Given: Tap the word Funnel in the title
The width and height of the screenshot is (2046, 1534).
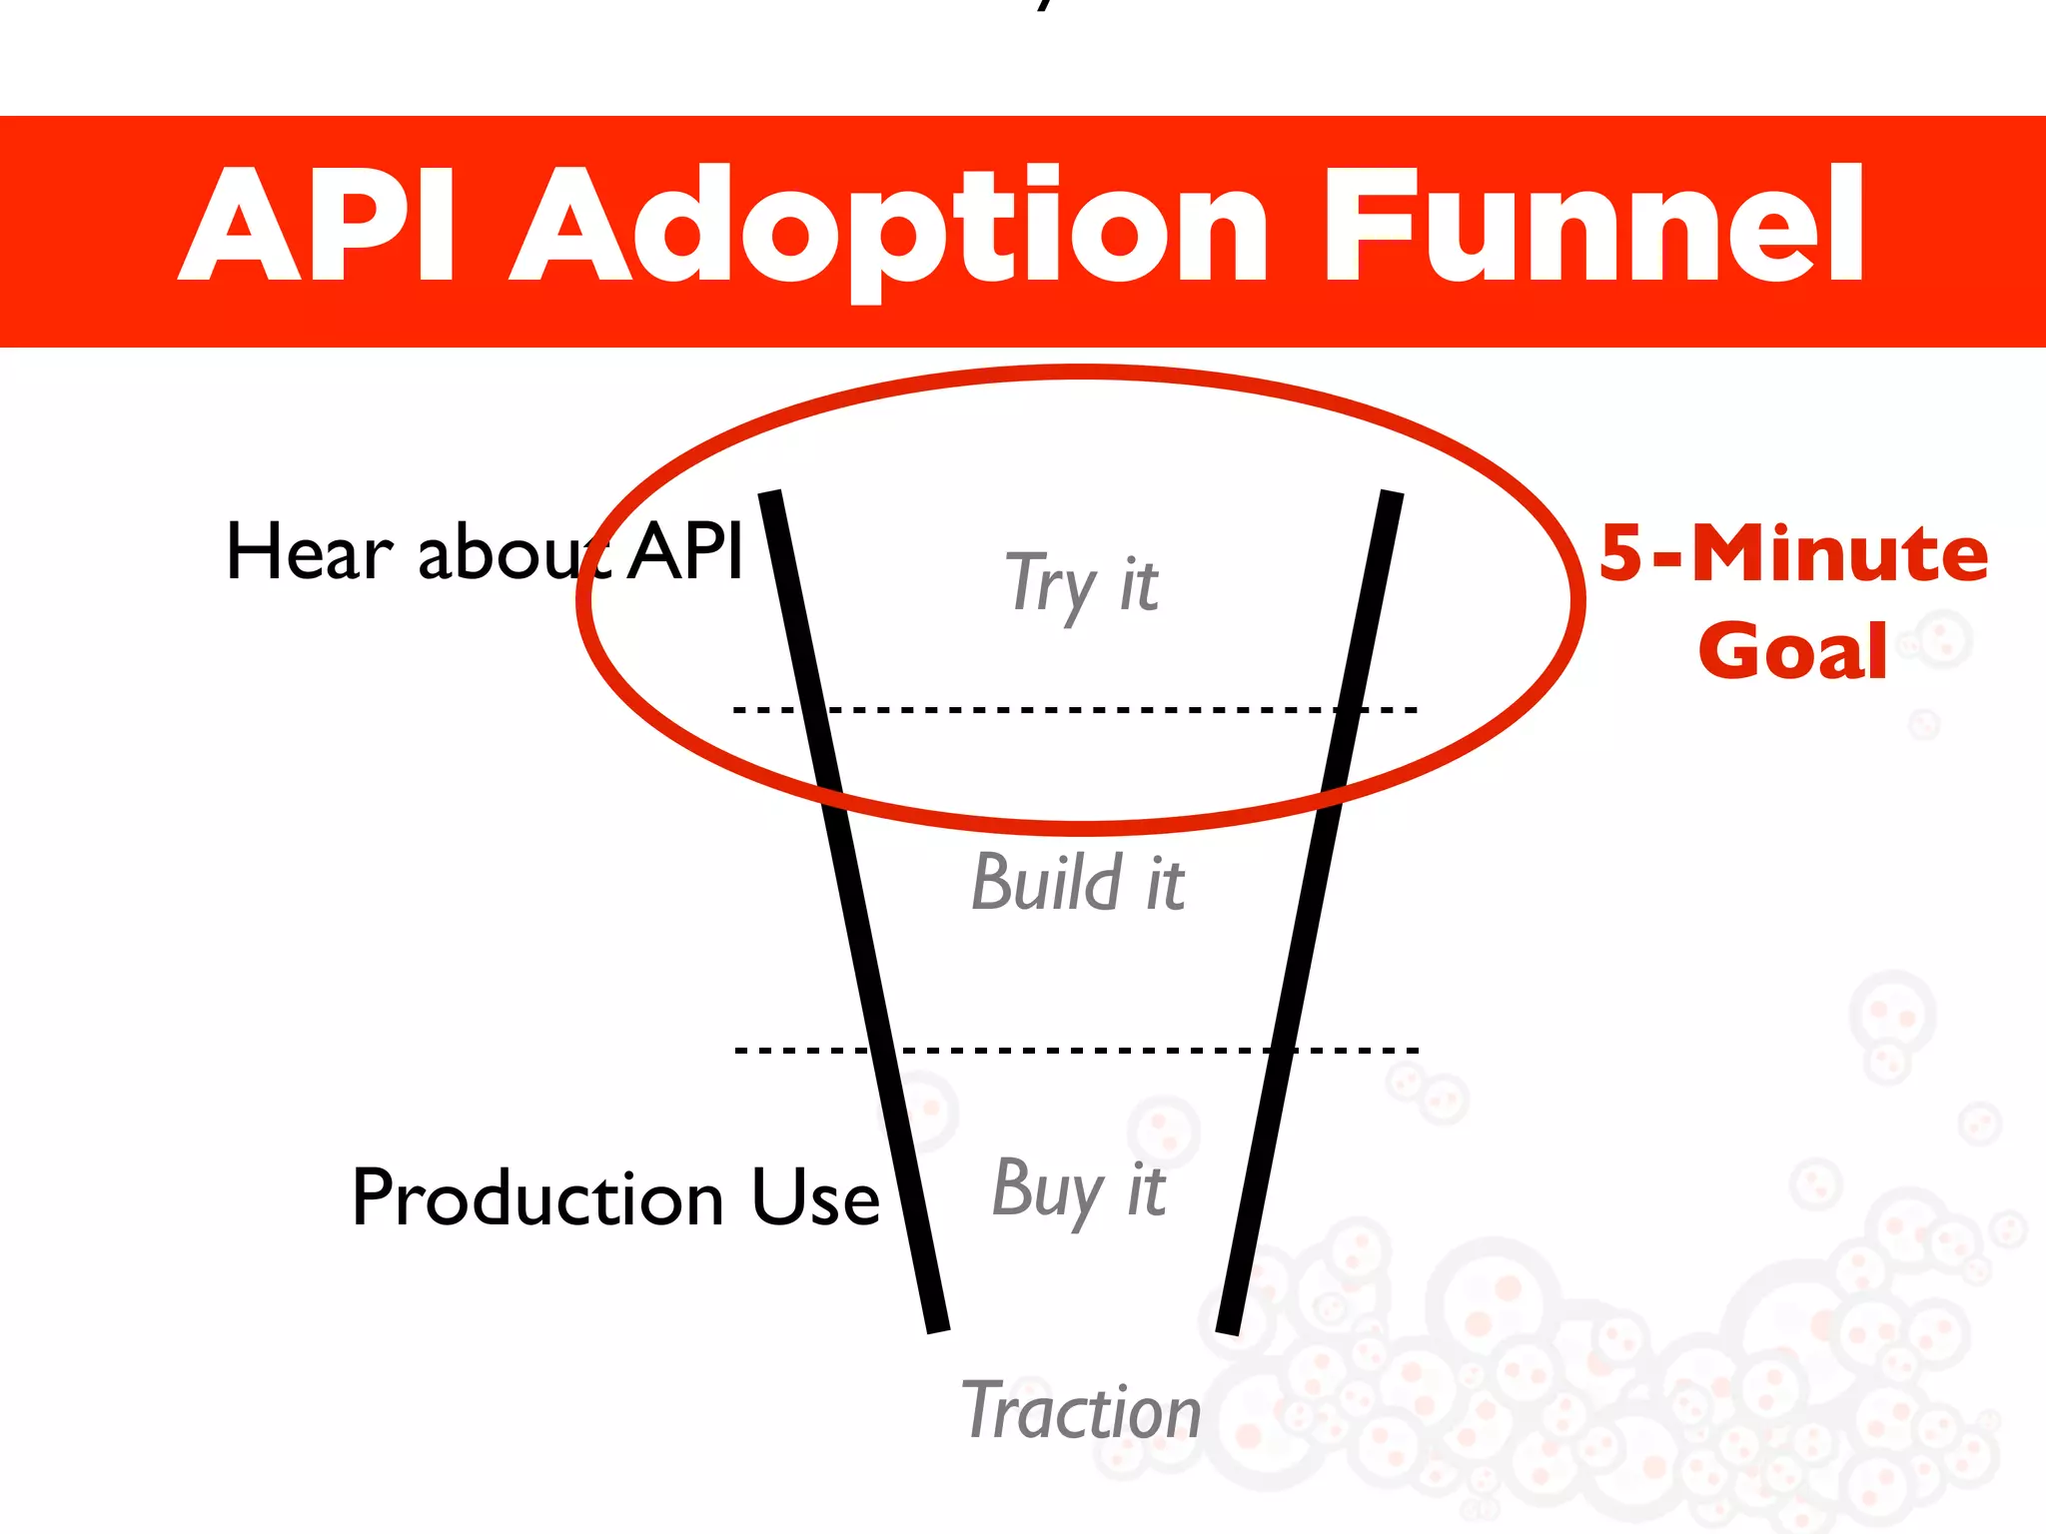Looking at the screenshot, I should tap(1592, 226).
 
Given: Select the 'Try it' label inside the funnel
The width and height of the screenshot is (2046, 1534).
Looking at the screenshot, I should tap(1081, 583).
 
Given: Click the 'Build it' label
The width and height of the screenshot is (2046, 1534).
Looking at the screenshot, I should tap(1078, 883).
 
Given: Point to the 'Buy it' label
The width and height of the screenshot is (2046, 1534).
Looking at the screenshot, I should tap(1079, 1188).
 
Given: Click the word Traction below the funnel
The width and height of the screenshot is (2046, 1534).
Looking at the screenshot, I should tap(1081, 1410).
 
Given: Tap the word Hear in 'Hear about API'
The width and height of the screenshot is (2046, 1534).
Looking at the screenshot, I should tap(310, 552).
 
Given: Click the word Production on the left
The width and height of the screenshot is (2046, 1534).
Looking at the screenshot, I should tap(537, 1197).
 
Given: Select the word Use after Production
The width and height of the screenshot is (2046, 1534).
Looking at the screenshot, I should tap(815, 1197).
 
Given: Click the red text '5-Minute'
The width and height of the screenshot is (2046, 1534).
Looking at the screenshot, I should tap(1793, 553).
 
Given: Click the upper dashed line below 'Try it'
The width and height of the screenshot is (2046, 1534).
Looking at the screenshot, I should tap(1079, 710).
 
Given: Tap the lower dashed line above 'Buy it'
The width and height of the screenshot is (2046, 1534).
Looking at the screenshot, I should tap(1079, 1051).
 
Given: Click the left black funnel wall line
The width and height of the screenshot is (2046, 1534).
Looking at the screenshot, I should tap(854, 909).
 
